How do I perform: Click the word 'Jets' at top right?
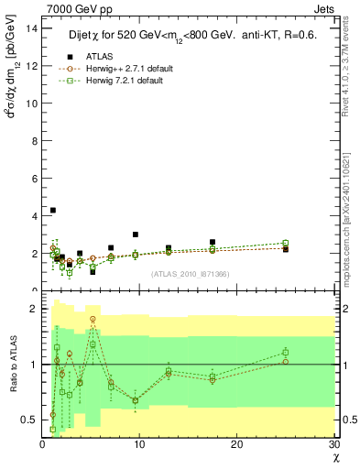click(324, 10)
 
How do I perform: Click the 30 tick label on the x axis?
click(334, 444)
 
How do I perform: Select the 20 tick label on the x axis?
click(237, 444)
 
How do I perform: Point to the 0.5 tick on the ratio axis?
click(30, 420)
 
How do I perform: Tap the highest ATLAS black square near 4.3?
click(53, 210)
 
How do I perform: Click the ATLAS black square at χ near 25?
click(286, 249)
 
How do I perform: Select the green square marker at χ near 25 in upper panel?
click(286, 243)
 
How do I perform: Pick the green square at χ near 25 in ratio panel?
click(286, 352)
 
